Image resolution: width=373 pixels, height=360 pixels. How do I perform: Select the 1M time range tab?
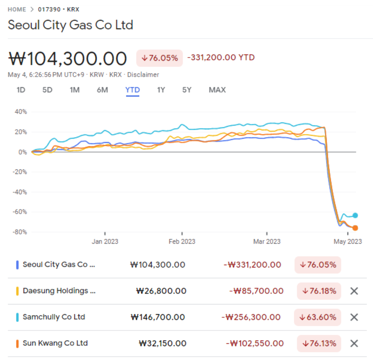74,90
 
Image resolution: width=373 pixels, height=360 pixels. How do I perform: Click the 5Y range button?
187,90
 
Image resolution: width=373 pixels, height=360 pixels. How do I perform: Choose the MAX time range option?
217,90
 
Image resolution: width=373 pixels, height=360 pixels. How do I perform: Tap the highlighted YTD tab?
132,90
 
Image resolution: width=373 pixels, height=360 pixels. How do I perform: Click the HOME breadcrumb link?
17,9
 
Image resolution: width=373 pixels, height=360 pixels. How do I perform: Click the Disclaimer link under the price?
143,75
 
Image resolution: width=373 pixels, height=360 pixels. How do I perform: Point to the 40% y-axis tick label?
21,111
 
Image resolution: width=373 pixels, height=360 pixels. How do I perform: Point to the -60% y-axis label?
20,212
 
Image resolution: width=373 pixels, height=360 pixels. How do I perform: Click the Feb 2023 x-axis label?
182,242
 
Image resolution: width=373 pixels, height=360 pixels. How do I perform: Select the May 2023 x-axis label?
347,242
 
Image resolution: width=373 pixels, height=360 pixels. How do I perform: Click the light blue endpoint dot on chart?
355,215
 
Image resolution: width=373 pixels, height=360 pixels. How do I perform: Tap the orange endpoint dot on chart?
355,228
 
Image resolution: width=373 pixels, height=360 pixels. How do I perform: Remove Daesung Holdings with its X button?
354,291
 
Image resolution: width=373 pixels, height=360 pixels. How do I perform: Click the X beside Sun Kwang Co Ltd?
354,343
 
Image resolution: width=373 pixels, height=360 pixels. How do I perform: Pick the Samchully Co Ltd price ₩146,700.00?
158,317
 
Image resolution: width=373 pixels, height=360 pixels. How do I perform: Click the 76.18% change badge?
319,291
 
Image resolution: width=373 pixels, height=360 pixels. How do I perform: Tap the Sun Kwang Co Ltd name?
55,343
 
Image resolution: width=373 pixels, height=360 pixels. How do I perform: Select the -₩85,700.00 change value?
256,291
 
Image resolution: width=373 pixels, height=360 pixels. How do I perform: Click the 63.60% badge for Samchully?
317,317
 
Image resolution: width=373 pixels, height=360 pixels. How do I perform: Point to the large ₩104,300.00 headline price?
67,58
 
